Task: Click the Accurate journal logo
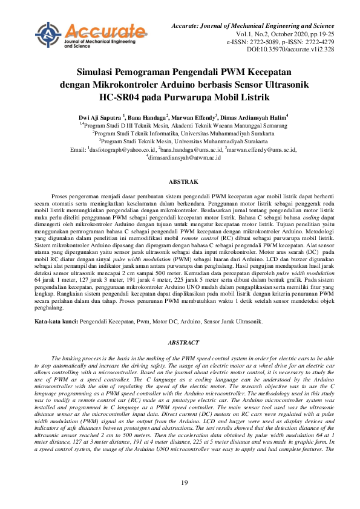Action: [x=91, y=35]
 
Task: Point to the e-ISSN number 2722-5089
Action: [x=261, y=42]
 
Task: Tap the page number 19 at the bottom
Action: [x=180, y=482]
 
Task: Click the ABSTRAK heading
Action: [x=180, y=181]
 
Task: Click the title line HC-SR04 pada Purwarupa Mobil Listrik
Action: [x=180, y=95]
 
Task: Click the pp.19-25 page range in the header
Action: [x=321, y=35]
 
